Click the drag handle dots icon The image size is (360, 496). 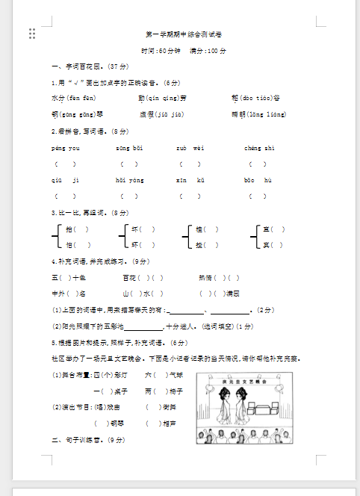(32, 33)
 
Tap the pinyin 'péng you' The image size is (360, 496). (66, 148)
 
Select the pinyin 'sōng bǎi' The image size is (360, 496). (128, 148)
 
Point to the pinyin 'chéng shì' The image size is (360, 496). (259, 148)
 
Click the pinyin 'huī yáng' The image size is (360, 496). (129, 180)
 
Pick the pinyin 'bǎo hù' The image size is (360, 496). (258, 180)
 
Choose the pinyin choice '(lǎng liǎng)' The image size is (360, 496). (267, 114)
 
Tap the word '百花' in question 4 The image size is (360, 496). (130, 277)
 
